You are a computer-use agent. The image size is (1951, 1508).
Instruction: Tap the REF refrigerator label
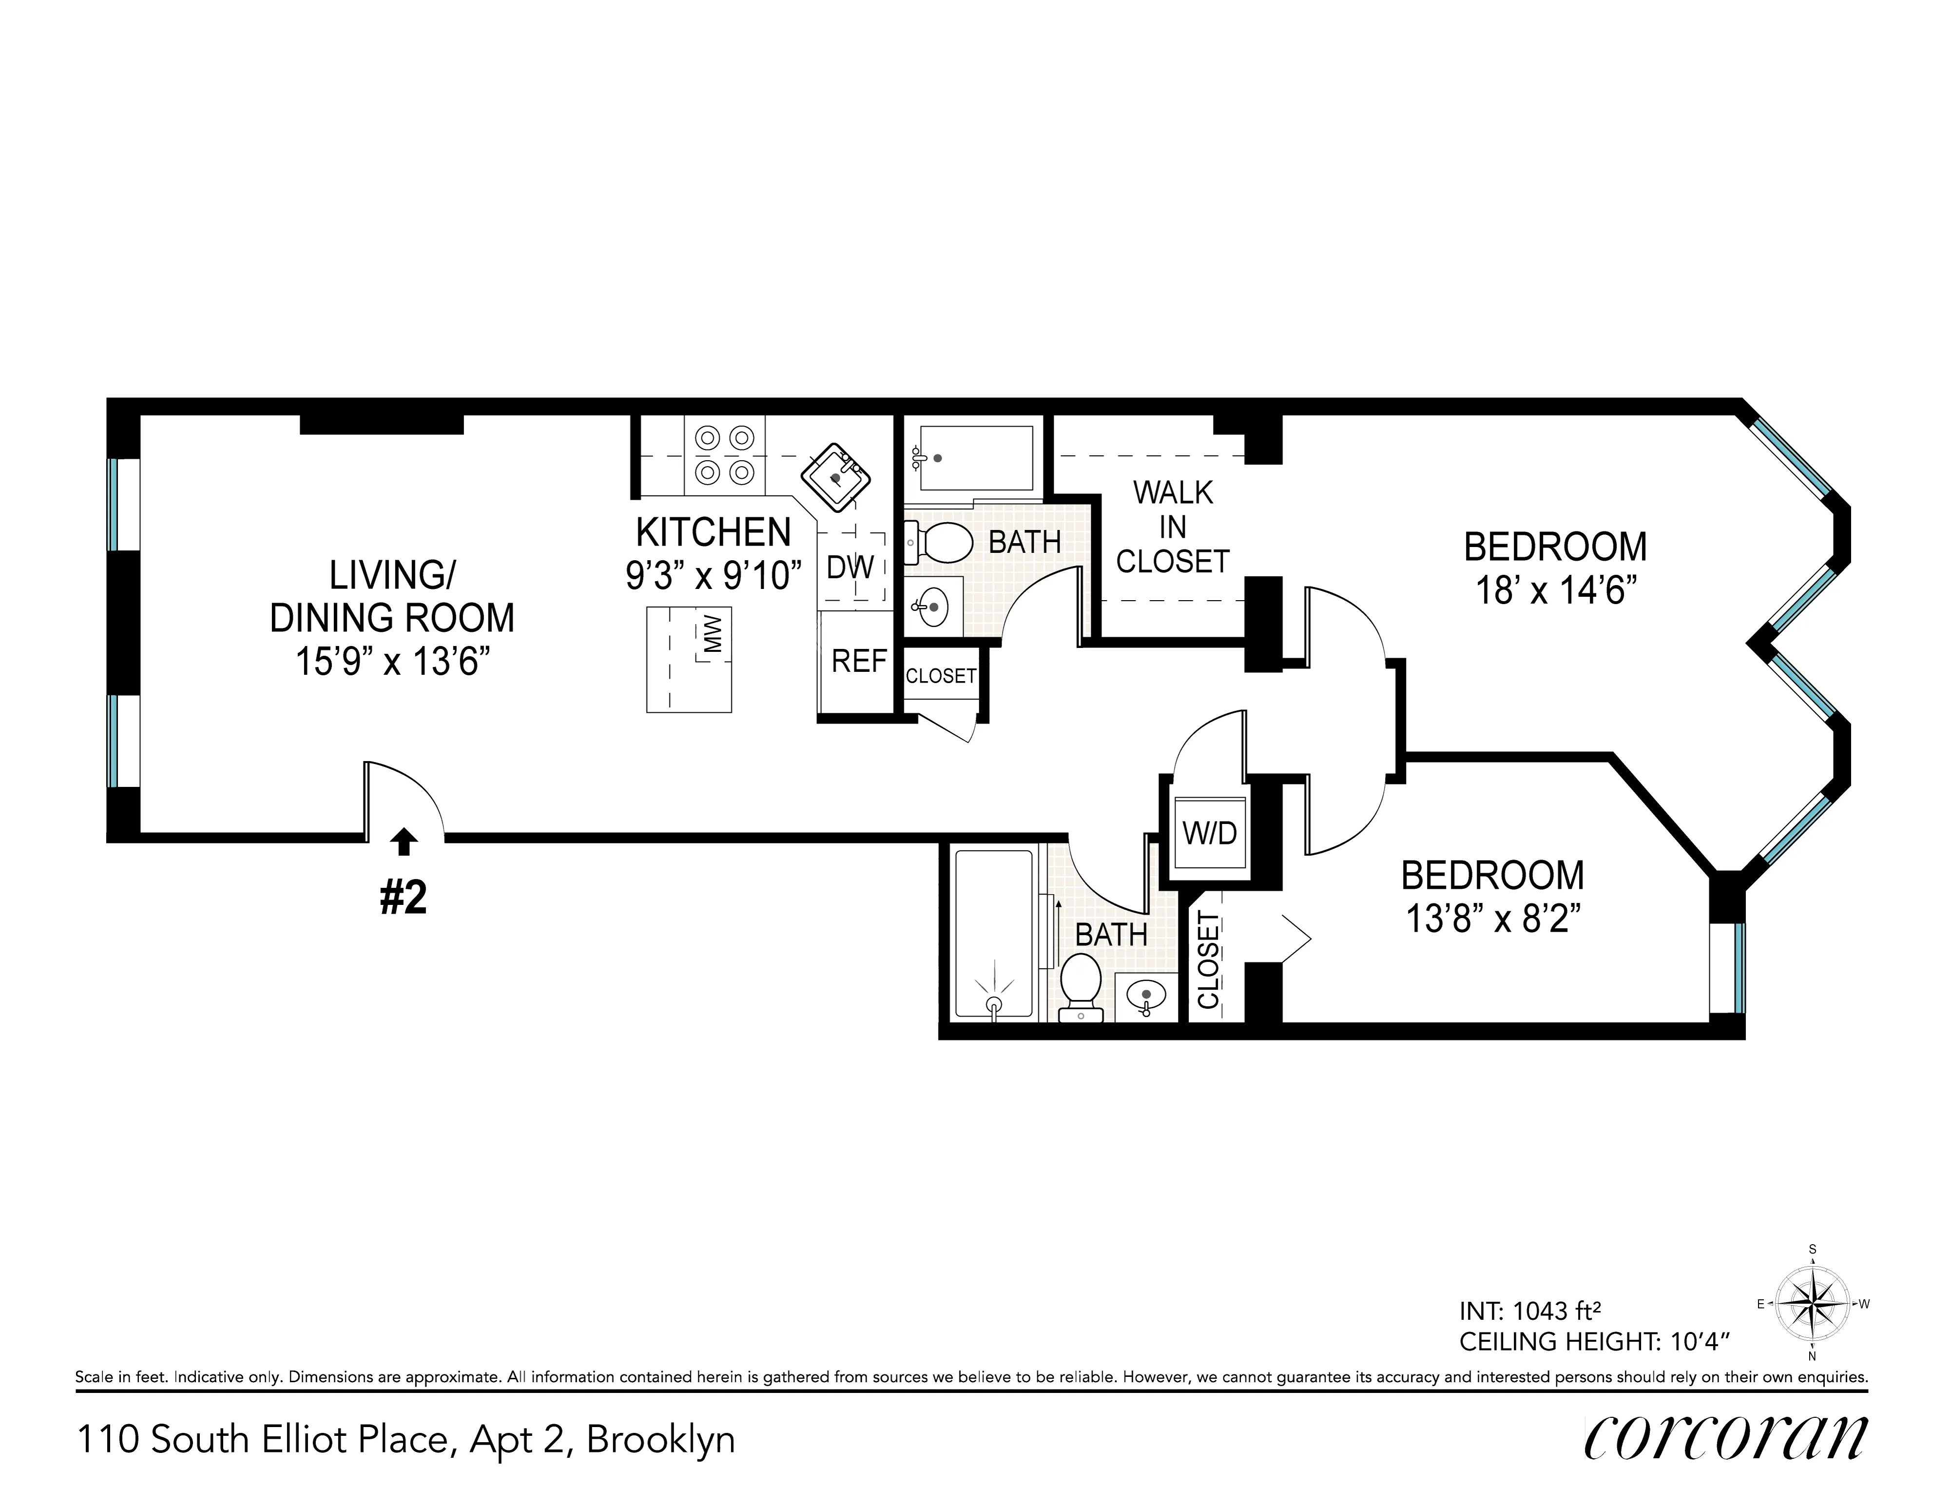[x=858, y=661]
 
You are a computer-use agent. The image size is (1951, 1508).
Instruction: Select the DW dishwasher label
[x=850, y=567]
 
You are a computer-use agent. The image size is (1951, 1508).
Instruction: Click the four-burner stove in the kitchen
[x=724, y=455]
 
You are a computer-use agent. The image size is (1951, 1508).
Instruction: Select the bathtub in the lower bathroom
[x=993, y=934]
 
